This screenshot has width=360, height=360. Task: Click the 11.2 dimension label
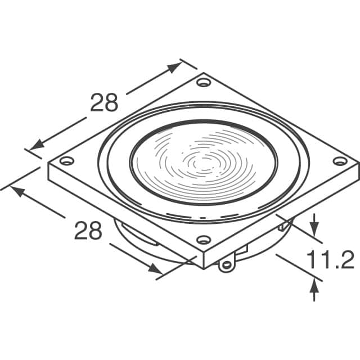tap(331, 259)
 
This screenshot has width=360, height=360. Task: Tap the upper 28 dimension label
tap(104, 102)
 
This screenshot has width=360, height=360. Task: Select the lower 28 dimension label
tap(88, 230)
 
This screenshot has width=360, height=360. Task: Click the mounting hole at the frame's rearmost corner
tap(204, 82)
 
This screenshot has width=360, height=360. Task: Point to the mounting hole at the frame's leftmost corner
tap(67, 160)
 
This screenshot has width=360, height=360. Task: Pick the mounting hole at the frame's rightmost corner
tap(340, 161)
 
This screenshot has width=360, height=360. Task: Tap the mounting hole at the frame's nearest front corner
tap(204, 240)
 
